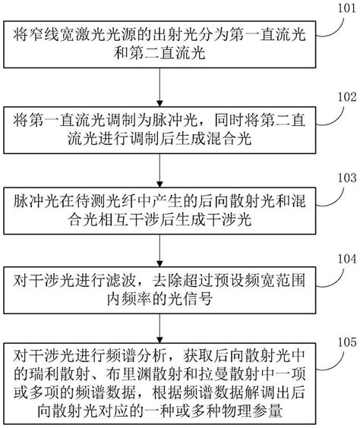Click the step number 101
coord(337,9)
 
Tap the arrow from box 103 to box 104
coord(159,245)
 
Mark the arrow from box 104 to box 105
coord(159,324)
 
